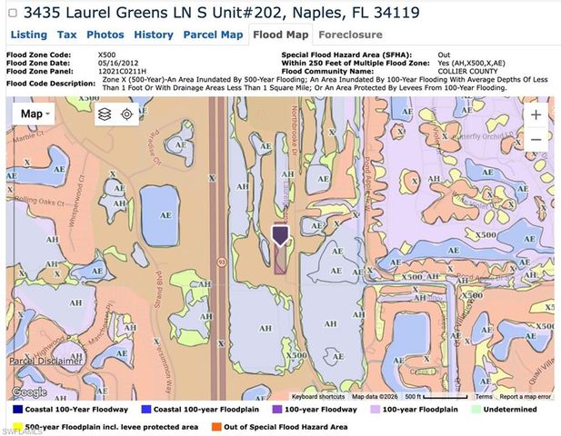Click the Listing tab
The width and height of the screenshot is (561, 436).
click(28, 35)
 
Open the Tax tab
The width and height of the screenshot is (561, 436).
click(66, 35)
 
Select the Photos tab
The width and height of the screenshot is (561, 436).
click(105, 35)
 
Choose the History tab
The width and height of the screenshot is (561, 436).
click(153, 35)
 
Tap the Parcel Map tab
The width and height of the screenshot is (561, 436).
click(213, 35)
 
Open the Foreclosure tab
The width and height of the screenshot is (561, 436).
click(350, 35)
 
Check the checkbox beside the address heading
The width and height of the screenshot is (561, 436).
click(12, 14)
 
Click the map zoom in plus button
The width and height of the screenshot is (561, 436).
click(536, 115)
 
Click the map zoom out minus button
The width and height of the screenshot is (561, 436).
click(536, 140)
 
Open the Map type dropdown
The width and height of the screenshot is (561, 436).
click(36, 114)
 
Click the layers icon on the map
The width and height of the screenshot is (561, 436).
click(105, 114)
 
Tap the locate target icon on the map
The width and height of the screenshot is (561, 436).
click(127, 114)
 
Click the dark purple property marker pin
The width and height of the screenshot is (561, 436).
click(280, 235)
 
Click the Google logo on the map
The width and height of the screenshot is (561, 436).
click(29, 392)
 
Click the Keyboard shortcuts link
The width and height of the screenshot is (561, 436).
click(318, 397)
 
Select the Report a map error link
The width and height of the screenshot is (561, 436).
click(525, 397)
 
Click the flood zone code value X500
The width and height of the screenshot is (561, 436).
click(106, 54)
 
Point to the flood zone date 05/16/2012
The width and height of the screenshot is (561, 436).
click(118, 62)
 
